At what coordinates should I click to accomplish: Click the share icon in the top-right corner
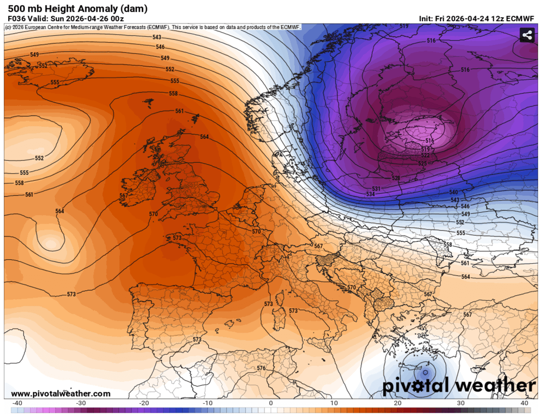click(526, 35)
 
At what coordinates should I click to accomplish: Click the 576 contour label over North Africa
click(261, 368)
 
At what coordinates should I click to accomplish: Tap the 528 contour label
click(396, 178)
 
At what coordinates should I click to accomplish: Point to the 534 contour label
click(370, 194)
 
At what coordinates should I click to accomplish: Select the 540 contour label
click(454, 192)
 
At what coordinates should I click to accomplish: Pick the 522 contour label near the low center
click(425, 156)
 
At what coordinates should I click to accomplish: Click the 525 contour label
click(422, 163)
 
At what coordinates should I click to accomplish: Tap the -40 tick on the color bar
click(18, 403)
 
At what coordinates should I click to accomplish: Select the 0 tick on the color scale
click(271, 403)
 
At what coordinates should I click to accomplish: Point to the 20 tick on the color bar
click(397, 403)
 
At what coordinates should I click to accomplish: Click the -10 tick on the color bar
click(207, 403)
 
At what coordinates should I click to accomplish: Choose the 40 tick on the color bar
click(524, 403)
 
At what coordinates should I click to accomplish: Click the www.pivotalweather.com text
click(60, 394)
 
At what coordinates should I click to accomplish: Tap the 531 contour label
click(376, 188)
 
